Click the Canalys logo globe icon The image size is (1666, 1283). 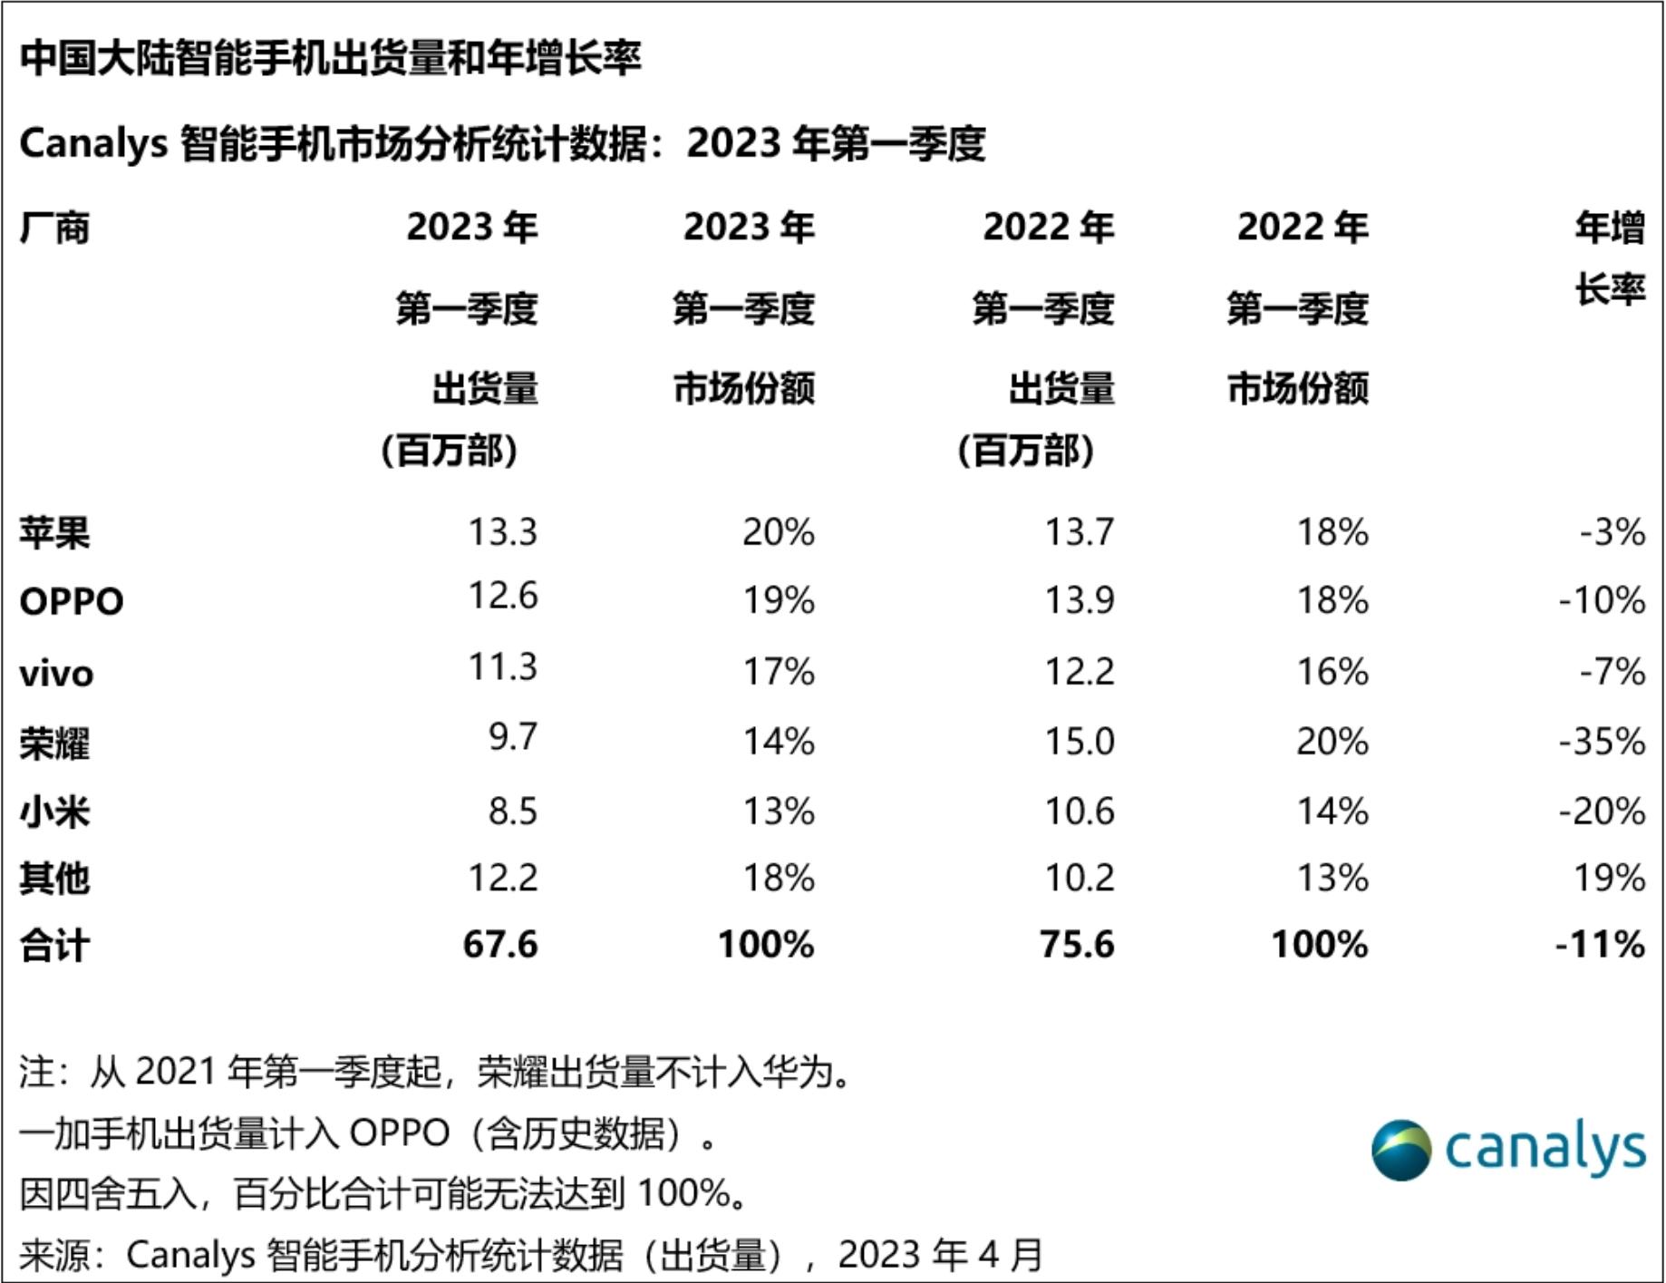[1401, 1150]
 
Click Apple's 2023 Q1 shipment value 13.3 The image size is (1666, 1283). [502, 532]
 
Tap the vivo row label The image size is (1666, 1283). [56, 674]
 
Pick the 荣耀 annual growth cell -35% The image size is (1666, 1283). [1601, 742]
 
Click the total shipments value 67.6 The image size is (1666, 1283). [500, 945]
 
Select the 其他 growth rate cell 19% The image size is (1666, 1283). [1610, 878]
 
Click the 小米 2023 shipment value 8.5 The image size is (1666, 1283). [513, 811]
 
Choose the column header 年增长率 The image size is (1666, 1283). [1610, 258]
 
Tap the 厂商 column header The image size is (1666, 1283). [54, 228]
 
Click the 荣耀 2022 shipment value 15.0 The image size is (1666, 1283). [1079, 742]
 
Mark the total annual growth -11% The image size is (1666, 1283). [1600, 945]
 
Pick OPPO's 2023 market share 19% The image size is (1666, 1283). [779, 600]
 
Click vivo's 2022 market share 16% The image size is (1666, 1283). [1332, 672]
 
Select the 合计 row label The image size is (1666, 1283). [54, 946]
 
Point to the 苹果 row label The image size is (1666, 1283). [54, 532]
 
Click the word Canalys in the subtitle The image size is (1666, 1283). [93, 143]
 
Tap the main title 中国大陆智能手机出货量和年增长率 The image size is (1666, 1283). [331, 58]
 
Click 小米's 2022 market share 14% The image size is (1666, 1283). [1332, 811]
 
